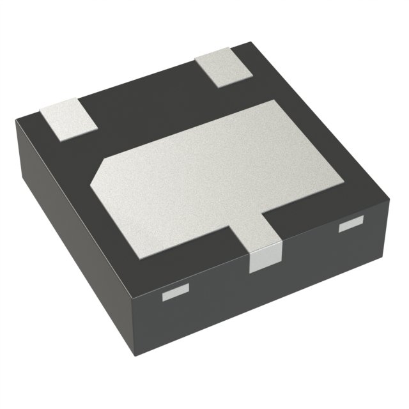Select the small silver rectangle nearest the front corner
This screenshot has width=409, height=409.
176,293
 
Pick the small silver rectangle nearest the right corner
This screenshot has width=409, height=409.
350,224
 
